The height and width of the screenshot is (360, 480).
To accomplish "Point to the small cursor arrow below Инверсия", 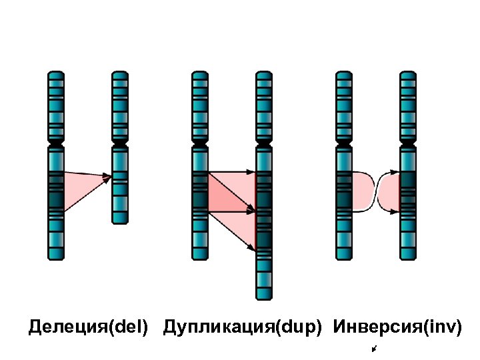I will coord(376,349).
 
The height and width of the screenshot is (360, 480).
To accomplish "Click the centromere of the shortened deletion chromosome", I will coord(120,143).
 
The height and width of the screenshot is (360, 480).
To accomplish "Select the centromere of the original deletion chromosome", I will coord(56,143).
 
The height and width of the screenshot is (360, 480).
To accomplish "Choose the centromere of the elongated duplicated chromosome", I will coord(265,143).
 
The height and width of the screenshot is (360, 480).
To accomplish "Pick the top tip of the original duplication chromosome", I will coord(200,73).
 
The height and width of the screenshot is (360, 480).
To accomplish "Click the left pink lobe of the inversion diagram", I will coord(362,191).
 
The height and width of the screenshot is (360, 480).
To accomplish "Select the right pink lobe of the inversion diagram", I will coord(389,191).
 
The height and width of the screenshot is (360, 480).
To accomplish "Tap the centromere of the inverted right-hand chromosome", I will coord(408,143).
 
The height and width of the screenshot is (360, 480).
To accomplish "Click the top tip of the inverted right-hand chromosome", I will coord(408,73).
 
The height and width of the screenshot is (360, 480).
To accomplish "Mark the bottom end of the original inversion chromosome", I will coord(344,257).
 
